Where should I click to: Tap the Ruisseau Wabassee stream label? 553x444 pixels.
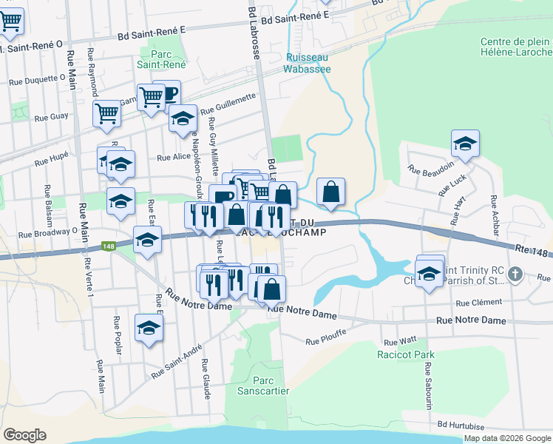tap(308, 63)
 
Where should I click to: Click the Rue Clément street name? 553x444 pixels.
tap(478, 303)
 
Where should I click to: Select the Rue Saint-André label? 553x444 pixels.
tap(177, 363)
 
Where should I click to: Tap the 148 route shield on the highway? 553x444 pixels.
tap(109, 246)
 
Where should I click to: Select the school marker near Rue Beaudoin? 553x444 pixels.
tap(465, 144)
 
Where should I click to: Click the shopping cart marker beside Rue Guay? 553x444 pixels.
tap(106, 114)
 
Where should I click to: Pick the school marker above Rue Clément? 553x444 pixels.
tap(430, 273)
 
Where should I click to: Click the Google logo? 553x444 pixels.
tap(25, 435)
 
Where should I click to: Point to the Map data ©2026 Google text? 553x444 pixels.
tap(506, 438)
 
